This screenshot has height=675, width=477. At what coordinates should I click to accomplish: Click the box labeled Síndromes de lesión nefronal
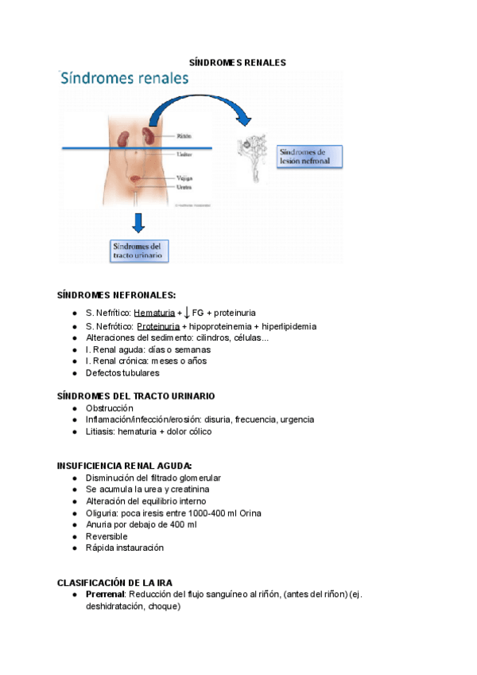(x=308, y=156)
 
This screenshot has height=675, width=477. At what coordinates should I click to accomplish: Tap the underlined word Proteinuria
(x=158, y=326)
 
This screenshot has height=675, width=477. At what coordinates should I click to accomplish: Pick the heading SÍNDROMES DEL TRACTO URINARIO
(x=136, y=396)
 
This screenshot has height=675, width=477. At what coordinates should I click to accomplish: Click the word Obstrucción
(x=110, y=408)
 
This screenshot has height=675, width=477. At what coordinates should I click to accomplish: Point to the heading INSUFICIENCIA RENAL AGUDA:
(x=125, y=466)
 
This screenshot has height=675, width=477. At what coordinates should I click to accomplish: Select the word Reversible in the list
(x=107, y=536)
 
